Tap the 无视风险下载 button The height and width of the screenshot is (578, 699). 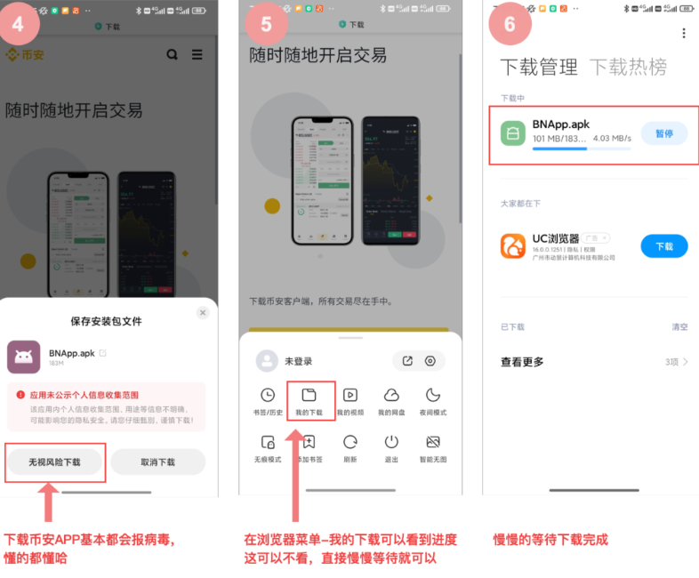point(54,462)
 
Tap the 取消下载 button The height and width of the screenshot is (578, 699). point(158,462)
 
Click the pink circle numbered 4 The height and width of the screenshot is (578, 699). point(24,23)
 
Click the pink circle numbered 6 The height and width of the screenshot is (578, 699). point(510,23)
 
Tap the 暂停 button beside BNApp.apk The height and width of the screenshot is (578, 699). point(664,133)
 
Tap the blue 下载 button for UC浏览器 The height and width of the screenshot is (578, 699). point(664,246)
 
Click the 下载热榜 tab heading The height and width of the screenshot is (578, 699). point(628,67)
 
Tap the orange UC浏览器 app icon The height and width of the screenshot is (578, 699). point(513,246)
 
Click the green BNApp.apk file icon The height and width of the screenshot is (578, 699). point(513,133)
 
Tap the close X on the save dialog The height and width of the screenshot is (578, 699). point(203,313)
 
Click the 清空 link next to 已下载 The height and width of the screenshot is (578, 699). point(679,327)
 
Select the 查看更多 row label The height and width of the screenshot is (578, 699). point(522,362)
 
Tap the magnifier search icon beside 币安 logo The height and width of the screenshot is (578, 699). point(172,54)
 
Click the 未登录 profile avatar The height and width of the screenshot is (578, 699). point(267,361)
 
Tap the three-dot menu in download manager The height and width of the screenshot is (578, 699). point(683,33)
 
